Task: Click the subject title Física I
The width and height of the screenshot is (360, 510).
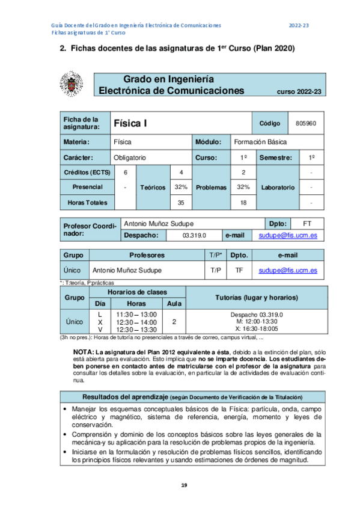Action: (130, 123)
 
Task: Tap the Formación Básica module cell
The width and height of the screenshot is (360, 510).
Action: (260, 141)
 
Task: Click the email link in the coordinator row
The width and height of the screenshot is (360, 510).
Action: (288, 235)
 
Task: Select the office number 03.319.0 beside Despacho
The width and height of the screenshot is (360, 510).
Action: (194, 235)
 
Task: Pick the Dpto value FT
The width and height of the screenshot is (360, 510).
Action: (308, 223)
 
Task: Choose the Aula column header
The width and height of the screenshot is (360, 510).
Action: (174, 304)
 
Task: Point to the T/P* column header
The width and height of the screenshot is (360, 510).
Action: (216, 255)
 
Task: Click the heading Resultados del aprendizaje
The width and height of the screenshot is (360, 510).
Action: (125, 398)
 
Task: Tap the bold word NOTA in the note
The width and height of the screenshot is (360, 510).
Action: (82, 351)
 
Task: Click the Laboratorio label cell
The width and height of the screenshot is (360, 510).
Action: (278, 187)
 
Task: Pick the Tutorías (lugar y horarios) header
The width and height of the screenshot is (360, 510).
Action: (256, 298)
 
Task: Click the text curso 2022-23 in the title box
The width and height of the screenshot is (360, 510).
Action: (299, 91)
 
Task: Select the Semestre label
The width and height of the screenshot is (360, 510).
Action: (276, 157)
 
